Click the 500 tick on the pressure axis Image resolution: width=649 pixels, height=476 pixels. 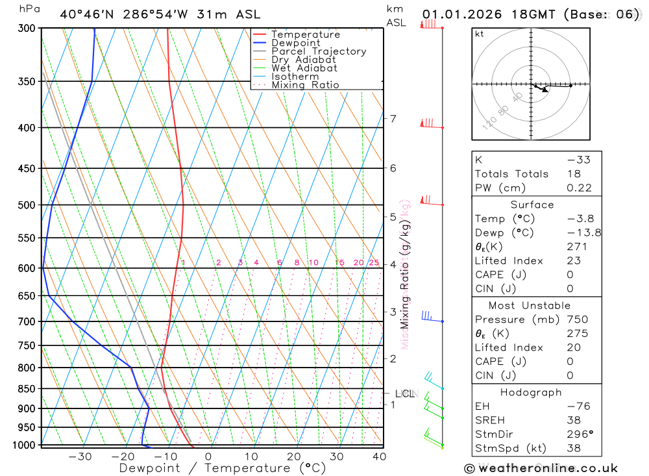[x=27, y=205]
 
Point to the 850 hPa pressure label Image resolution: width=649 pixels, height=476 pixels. [x=27, y=389]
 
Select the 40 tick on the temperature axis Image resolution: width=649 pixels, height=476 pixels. [x=379, y=457]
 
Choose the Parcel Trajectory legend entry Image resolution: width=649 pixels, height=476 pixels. [x=319, y=51]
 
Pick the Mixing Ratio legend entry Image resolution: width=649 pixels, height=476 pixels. [x=305, y=85]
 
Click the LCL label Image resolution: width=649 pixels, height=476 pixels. [x=404, y=394]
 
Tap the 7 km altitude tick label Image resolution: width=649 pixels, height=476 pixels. [x=393, y=119]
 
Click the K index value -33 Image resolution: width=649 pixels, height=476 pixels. [x=579, y=160]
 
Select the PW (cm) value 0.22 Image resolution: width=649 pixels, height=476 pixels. [x=579, y=188]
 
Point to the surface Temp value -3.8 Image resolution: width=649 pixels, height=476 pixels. [x=580, y=219]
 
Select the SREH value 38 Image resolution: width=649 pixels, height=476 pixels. [x=574, y=420]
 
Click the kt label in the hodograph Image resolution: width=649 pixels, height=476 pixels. [x=480, y=34]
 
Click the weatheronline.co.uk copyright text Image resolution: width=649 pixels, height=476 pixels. [x=541, y=468]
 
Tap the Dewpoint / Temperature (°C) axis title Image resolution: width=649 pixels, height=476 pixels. [x=222, y=468]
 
